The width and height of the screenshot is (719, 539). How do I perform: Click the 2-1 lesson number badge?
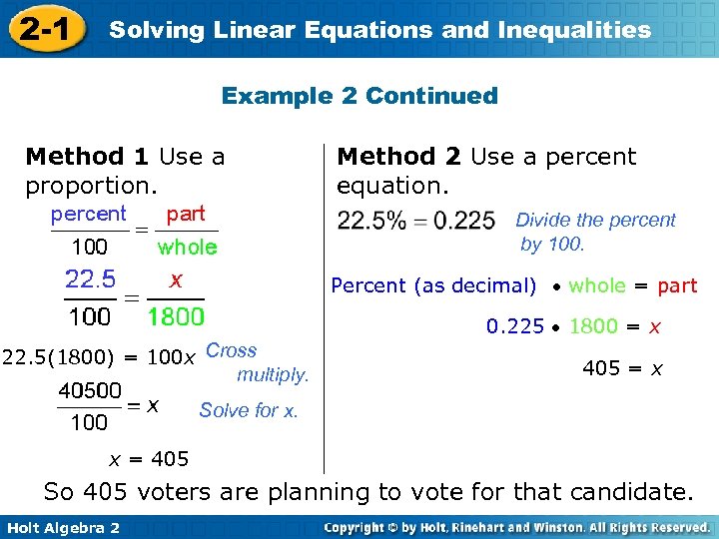pyautogui.click(x=43, y=30)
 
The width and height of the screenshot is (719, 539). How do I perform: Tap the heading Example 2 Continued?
pyautogui.click(x=359, y=96)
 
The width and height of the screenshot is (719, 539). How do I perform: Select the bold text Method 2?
pyautogui.click(x=399, y=157)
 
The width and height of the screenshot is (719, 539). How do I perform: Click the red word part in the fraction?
pyautogui.click(x=186, y=214)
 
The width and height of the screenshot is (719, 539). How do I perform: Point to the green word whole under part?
pyautogui.click(x=187, y=247)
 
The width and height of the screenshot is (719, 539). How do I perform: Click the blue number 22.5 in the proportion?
pyautogui.click(x=90, y=278)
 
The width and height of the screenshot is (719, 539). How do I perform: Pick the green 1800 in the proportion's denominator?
pyautogui.click(x=176, y=317)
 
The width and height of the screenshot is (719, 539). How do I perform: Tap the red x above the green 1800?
pyautogui.click(x=176, y=280)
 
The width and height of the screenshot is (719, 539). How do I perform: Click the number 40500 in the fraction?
pyautogui.click(x=90, y=390)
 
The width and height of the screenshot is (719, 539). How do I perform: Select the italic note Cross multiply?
pyautogui.click(x=257, y=362)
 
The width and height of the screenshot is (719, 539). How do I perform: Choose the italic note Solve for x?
pyautogui.click(x=249, y=410)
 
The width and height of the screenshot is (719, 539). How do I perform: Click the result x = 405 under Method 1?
pyautogui.click(x=149, y=459)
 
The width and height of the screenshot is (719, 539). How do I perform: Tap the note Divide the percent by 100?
pyautogui.click(x=595, y=232)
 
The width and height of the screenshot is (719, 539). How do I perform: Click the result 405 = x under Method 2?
pyautogui.click(x=623, y=368)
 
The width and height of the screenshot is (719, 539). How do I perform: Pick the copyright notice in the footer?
pyautogui.click(x=516, y=527)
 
